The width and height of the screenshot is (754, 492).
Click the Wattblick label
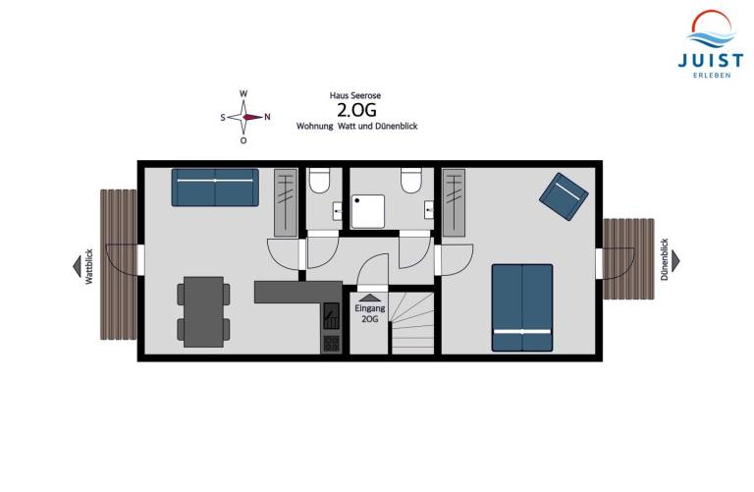[x=89, y=266]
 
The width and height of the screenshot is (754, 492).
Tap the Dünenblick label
[x=664, y=259]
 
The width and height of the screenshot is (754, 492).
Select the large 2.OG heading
[x=356, y=110]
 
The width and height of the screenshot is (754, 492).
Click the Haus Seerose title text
[x=354, y=95]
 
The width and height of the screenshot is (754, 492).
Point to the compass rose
[x=244, y=117]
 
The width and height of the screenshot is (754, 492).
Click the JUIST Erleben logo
[x=711, y=44]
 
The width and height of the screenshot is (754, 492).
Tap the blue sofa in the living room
[x=215, y=188]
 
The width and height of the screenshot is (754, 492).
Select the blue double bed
[x=521, y=307]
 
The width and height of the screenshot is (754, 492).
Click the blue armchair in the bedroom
[x=564, y=196]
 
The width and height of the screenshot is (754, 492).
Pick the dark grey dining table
[x=204, y=311]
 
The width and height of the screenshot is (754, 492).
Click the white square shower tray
[x=368, y=211]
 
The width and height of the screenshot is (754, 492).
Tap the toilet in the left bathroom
[x=319, y=180]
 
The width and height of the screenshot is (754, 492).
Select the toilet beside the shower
[x=411, y=181]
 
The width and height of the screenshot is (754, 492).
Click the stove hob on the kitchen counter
[x=331, y=344]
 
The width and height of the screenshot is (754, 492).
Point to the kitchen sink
[x=331, y=316]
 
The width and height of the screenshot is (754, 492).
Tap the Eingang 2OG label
[x=369, y=313]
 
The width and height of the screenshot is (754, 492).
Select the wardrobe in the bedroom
[x=454, y=202]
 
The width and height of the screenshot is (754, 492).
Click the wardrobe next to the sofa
[x=286, y=202]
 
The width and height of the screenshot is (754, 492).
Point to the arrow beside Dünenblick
[x=675, y=260]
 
